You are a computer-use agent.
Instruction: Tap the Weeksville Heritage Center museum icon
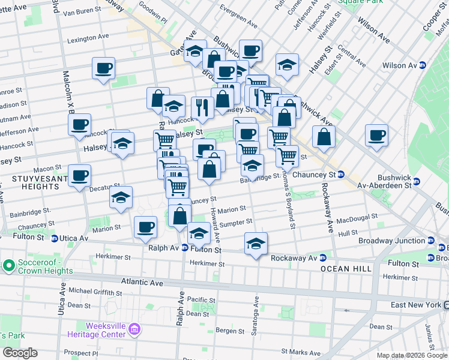134,329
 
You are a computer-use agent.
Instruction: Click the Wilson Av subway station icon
423,65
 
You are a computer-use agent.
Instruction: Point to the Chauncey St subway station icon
340,175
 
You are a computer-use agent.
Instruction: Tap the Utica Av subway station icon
54,238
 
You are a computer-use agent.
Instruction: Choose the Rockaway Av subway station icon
322,258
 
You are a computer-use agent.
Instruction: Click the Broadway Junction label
391,241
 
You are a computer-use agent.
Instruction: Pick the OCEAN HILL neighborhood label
346,269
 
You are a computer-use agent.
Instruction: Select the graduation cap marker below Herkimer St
256,242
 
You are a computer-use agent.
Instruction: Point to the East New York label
415,305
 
